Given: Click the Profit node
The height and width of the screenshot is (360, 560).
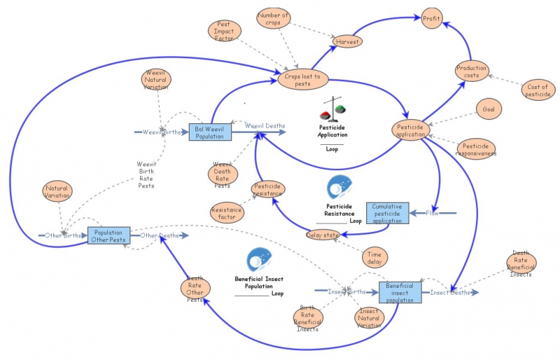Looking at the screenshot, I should click(x=432, y=19).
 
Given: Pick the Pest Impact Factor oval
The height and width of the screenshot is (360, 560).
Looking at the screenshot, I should click(x=225, y=30).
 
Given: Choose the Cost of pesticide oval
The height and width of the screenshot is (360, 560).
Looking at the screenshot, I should click(x=538, y=90).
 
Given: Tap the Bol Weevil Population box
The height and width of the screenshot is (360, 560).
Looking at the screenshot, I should click(x=209, y=131).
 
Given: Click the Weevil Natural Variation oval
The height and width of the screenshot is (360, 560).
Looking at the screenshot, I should click(x=155, y=80).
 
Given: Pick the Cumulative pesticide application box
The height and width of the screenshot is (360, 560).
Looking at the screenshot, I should click(x=386, y=212).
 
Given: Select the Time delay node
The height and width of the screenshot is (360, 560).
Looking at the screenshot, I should click(x=374, y=257).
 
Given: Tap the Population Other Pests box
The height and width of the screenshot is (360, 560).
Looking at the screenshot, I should click(x=109, y=235).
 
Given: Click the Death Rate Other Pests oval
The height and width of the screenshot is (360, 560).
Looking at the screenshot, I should click(x=194, y=289).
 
